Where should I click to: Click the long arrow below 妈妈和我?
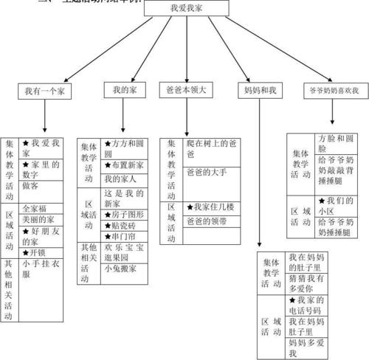tap(259, 177)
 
